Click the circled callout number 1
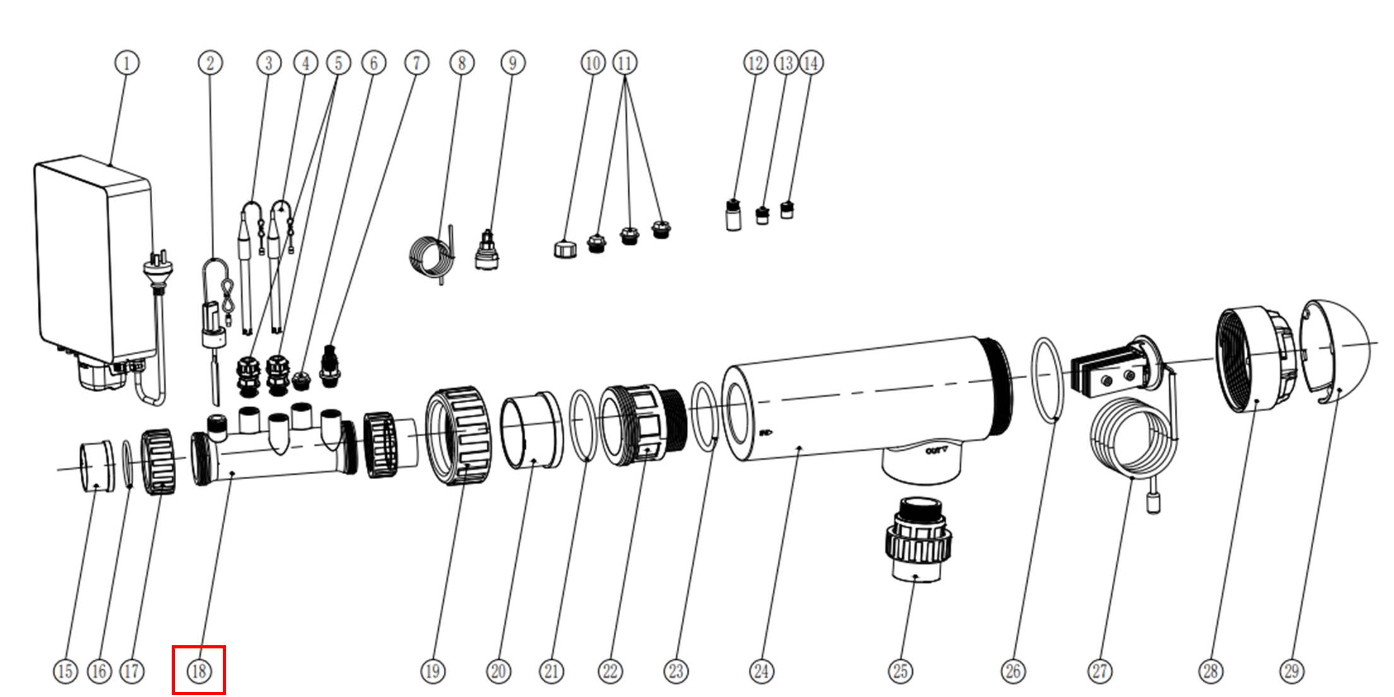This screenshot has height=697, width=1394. [x=127, y=63]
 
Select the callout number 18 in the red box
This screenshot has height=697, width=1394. [x=199, y=670]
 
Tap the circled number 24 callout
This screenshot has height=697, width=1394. [x=761, y=670]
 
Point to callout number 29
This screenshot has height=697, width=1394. [x=1292, y=670]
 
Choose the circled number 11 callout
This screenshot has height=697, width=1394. [x=624, y=63]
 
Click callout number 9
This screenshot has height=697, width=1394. [x=513, y=63]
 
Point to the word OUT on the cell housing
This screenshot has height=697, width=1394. [x=936, y=451]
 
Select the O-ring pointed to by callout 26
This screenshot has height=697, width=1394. [x=1048, y=379]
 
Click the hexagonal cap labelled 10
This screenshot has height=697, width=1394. [x=565, y=249]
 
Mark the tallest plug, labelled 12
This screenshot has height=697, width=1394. [x=733, y=216]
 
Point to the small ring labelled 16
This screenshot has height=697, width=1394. [x=128, y=464]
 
